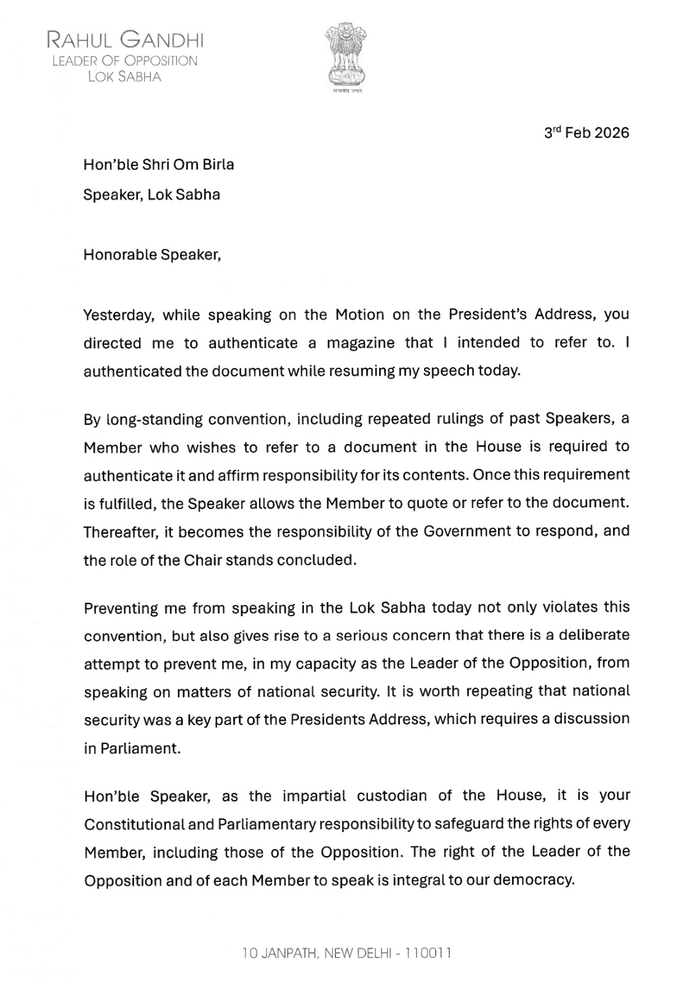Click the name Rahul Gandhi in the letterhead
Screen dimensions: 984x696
tap(126, 41)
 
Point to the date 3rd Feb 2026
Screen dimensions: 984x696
tap(586, 133)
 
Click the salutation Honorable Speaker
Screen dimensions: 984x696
tap(151, 255)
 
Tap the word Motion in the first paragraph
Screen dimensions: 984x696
tap(359, 315)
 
